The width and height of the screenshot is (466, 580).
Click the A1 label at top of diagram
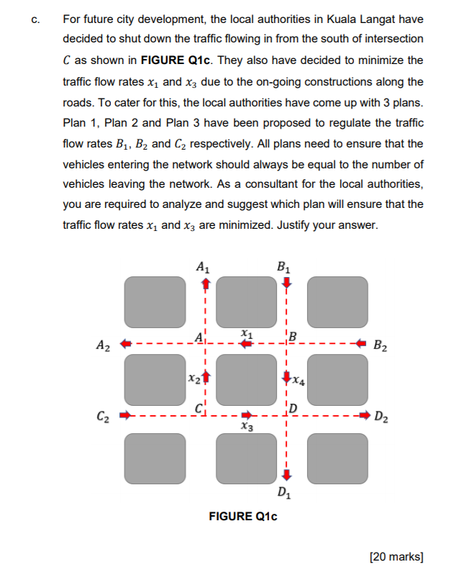[204, 266]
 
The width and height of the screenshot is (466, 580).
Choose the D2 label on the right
[383, 415]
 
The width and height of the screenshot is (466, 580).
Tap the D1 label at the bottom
[285, 493]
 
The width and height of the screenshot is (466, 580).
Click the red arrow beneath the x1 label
[246, 344]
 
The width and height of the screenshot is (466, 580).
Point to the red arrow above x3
[246, 414]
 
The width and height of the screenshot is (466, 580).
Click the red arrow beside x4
[286, 377]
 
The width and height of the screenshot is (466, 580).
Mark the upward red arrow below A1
[204, 284]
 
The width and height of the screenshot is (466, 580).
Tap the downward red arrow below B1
[286, 283]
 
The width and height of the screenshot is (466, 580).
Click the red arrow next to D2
[365, 414]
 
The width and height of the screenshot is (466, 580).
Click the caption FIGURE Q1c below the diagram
[242, 516]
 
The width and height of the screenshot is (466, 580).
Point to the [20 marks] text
[396, 556]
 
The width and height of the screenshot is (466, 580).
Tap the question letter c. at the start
[35, 19]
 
